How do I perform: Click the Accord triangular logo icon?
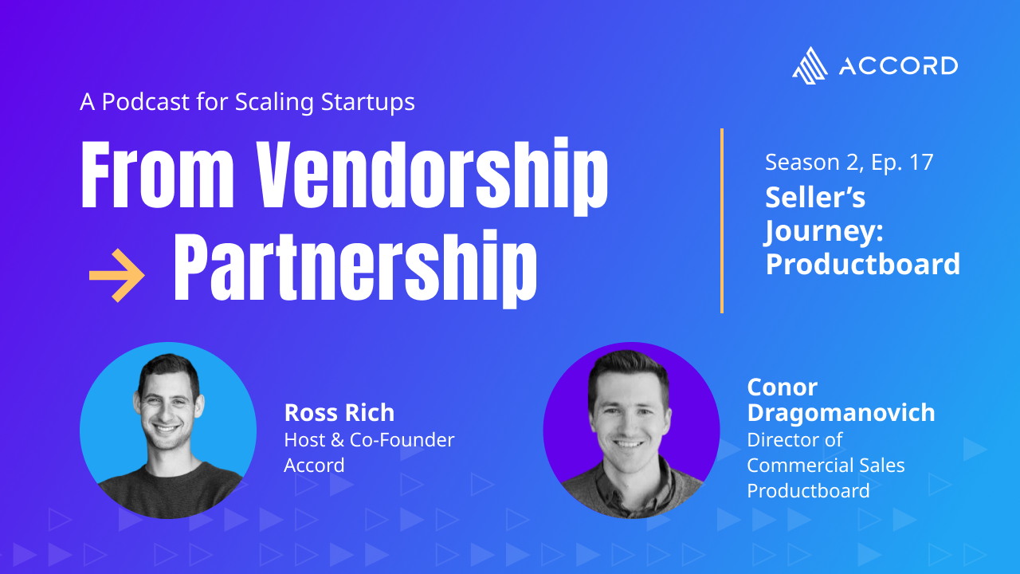pos(810,66)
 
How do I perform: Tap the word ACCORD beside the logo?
pos(898,66)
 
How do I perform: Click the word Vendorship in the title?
pos(432,177)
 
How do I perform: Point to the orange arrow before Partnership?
pos(117,275)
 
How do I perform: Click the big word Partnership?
pos(355,269)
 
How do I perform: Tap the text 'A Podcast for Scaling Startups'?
pos(247,101)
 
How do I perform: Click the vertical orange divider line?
pos(722,221)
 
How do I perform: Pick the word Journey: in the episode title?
pos(824,232)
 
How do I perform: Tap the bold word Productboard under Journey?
pos(863,264)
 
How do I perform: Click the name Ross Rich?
pos(339,413)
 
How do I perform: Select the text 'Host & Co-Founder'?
pos(369,440)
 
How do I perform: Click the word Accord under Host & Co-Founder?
pos(314,465)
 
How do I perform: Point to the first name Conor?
pos(783,387)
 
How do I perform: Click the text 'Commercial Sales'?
pos(826,465)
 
